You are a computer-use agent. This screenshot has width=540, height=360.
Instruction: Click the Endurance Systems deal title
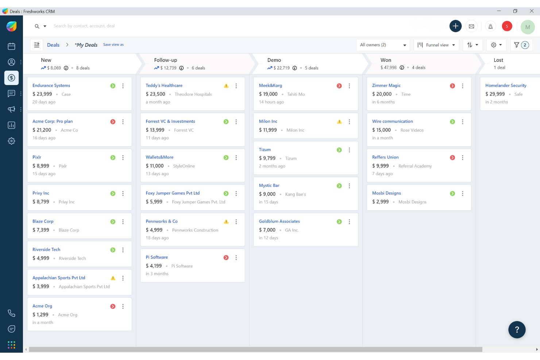(x=51, y=85)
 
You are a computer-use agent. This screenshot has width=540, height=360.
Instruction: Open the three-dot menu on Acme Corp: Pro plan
(x=123, y=122)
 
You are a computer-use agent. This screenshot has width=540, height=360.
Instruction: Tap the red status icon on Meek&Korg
(x=339, y=86)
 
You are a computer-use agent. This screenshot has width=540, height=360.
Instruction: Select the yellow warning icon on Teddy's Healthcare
(x=226, y=86)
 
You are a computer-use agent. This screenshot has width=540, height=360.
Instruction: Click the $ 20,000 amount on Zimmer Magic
(x=382, y=94)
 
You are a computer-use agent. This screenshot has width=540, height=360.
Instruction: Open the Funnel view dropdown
(x=436, y=45)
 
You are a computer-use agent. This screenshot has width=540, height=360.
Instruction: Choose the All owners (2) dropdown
(x=383, y=45)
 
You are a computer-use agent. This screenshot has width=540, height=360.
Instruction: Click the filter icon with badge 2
(x=521, y=45)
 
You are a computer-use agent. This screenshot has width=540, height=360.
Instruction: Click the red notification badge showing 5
(x=507, y=26)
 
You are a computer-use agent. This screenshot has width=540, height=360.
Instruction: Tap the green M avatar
(x=527, y=27)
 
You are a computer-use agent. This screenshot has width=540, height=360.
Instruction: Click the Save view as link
(x=113, y=44)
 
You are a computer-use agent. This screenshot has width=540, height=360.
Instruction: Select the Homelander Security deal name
(x=506, y=85)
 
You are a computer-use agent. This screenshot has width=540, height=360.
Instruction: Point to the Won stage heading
(x=386, y=60)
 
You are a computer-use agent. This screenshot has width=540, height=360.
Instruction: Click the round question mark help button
(x=517, y=330)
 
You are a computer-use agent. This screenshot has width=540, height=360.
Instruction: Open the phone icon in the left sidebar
(x=12, y=313)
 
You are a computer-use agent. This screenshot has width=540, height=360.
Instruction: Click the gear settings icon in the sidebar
(x=12, y=141)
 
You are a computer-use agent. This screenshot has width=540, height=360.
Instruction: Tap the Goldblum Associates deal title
(x=279, y=221)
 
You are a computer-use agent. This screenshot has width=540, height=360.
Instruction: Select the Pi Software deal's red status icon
(x=226, y=258)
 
